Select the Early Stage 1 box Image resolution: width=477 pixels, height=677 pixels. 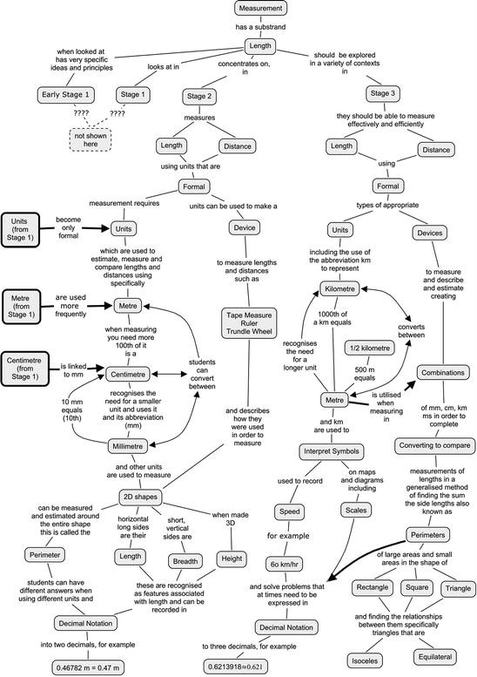(x=65, y=92)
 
